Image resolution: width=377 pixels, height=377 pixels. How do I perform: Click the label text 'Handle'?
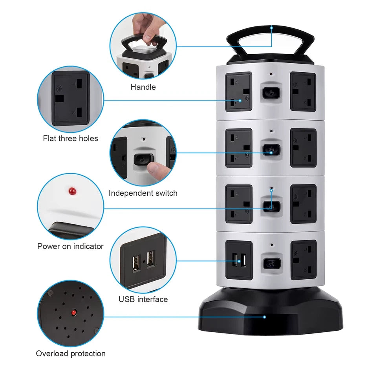[x=143, y=87]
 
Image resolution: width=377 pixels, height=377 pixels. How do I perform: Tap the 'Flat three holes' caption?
[x=70, y=138]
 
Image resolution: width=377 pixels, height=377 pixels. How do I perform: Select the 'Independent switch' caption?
[x=143, y=193]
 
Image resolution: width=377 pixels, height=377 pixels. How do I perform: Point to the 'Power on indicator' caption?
[x=70, y=246]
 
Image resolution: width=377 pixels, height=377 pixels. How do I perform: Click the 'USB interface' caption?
[x=143, y=299]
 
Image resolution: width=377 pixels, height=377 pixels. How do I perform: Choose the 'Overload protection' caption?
[x=71, y=353]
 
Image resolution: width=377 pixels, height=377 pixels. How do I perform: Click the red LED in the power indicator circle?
[x=71, y=191]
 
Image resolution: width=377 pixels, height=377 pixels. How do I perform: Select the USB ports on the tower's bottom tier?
[x=239, y=260]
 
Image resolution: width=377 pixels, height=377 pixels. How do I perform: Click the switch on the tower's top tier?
[x=271, y=92]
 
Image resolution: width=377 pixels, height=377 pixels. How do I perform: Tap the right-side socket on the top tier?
[x=303, y=91]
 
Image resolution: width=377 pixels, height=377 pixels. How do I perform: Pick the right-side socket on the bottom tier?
[x=303, y=260]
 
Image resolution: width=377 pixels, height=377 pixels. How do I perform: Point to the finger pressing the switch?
[x=159, y=171]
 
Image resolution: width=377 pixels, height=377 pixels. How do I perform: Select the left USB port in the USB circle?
[x=136, y=262]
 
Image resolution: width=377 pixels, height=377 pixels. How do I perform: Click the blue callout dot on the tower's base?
[x=265, y=317]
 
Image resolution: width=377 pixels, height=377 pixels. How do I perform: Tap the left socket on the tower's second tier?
[x=239, y=148]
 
